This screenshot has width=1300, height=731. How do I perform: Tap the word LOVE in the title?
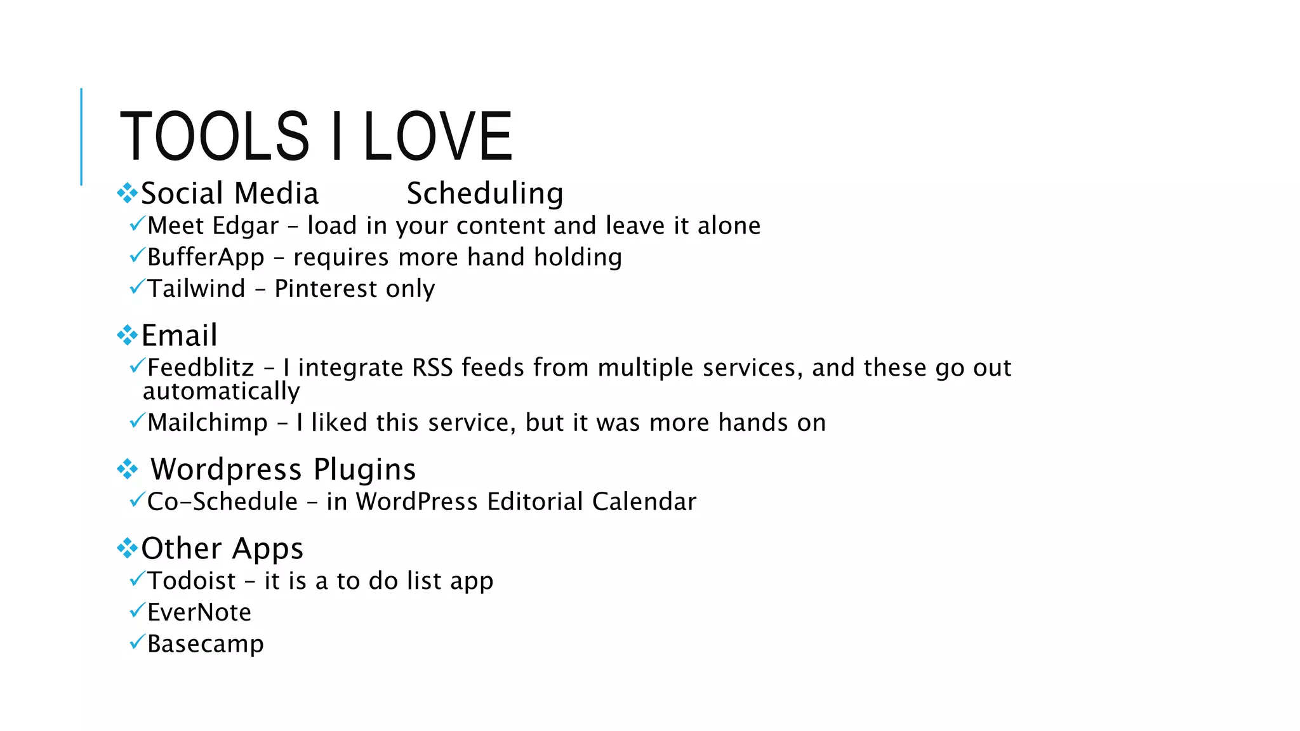[437, 136]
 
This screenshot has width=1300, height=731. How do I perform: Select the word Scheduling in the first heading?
[485, 194]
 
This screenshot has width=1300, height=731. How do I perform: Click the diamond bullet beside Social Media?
[127, 193]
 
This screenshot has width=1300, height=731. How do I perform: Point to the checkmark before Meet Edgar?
[137, 224]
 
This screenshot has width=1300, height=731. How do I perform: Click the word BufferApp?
[206, 258]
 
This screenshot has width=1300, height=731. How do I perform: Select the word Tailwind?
[196, 289]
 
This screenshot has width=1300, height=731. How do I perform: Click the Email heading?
[179, 335]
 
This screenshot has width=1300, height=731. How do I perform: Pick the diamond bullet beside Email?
[127, 335]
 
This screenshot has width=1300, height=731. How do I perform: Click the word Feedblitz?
[201, 368]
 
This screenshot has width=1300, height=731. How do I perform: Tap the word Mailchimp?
[208, 423]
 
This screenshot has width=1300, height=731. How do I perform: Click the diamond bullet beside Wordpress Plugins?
[127, 470]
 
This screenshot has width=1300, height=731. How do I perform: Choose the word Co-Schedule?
[222, 502]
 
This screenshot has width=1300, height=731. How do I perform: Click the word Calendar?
[644, 502]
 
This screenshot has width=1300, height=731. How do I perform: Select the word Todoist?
[192, 581]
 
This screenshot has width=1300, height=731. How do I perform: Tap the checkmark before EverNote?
[137, 610]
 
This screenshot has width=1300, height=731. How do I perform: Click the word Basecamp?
[205, 644]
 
